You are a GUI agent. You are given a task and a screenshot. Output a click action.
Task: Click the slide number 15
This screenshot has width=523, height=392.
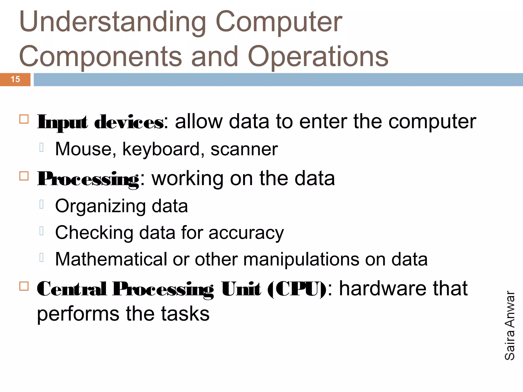pyautogui.click(x=15, y=79)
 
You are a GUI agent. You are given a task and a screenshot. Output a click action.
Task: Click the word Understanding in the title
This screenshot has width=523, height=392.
pyautogui.click(x=112, y=22)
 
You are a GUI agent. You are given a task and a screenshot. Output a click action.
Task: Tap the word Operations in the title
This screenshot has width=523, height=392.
pyautogui.click(x=318, y=57)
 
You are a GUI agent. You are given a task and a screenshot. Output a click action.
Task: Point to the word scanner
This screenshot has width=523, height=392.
pyautogui.click(x=244, y=149)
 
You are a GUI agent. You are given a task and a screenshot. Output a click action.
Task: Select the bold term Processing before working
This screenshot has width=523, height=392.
pyautogui.click(x=88, y=179)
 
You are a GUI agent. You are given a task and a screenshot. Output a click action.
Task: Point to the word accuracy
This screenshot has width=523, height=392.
pyautogui.click(x=246, y=233)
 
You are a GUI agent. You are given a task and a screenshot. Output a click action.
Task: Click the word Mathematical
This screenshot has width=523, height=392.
pyautogui.click(x=111, y=260)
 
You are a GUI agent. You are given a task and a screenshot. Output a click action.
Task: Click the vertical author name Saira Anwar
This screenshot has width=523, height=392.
pyautogui.click(x=510, y=325)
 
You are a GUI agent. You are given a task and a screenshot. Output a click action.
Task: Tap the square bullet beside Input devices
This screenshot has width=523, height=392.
pyautogui.click(x=24, y=119)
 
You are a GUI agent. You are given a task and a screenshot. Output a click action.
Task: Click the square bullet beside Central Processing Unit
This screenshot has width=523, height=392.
pyautogui.click(x=24, y=286)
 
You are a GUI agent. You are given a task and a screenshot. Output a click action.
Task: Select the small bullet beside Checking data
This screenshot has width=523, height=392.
pyautogui.click(x=42, y=231)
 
